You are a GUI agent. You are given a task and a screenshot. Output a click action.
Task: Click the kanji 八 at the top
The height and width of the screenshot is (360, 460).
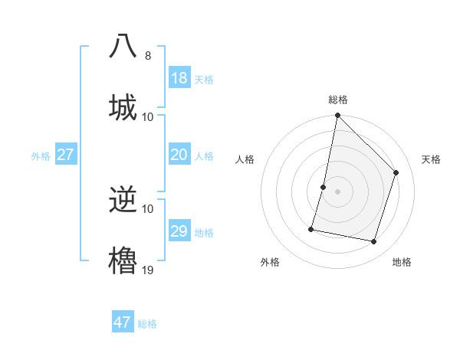pyautogui.click(x=123, y=46)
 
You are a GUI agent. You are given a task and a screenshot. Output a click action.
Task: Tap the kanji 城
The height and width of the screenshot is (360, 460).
pyautogui.click(x=123, y=106)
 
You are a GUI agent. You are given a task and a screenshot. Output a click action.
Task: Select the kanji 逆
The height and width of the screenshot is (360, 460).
pyautogui.click(x=123, y=201)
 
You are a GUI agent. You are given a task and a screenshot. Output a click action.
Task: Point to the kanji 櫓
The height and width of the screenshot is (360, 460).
pyautogui.click(x=123, y=260)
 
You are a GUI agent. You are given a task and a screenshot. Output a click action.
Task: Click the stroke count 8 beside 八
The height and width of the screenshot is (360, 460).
pyautogui.click(x=148, y=55)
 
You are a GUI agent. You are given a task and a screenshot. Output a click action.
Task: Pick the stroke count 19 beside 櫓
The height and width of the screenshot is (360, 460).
pyautogui.click(x=148, y=269)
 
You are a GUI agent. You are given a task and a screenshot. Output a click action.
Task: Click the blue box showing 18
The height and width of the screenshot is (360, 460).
pyautogui.click(x=179, y=78)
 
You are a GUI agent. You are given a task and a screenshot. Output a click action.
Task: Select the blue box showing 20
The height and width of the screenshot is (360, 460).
pyautogui.click(x=179, y=155)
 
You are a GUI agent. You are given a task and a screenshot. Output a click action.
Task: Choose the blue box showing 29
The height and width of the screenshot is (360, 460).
pyautogui.click(x=179, y=231)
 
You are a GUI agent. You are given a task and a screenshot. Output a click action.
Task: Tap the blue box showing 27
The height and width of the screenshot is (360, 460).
pyautogui.click(x=66, y=155)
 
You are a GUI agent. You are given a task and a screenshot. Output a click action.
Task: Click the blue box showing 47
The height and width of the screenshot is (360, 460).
pyautogui.click(x=123, y=322)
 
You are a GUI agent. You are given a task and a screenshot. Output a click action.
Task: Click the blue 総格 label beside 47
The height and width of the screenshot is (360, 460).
pyautogui.click(x=147, y=324)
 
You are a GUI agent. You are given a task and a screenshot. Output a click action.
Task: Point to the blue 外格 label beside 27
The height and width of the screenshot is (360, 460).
pyautogui.click(x=41, y=156)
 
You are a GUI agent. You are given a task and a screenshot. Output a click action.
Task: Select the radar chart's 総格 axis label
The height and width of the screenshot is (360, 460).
pyautogui.click(x=338, y=100)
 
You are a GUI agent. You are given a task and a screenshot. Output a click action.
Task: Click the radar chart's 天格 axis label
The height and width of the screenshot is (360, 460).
pyautogui.click(x=431, y=159)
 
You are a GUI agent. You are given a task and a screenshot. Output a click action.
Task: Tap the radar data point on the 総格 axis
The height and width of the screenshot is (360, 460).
pyautogui.click(x=337, y=116)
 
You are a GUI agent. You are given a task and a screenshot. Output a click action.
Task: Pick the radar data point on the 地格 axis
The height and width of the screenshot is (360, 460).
pyautogui.click(x=373, y=241)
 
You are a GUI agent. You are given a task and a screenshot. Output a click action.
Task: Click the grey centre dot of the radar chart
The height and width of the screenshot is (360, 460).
pyautogui.click(x=337, y=191)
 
